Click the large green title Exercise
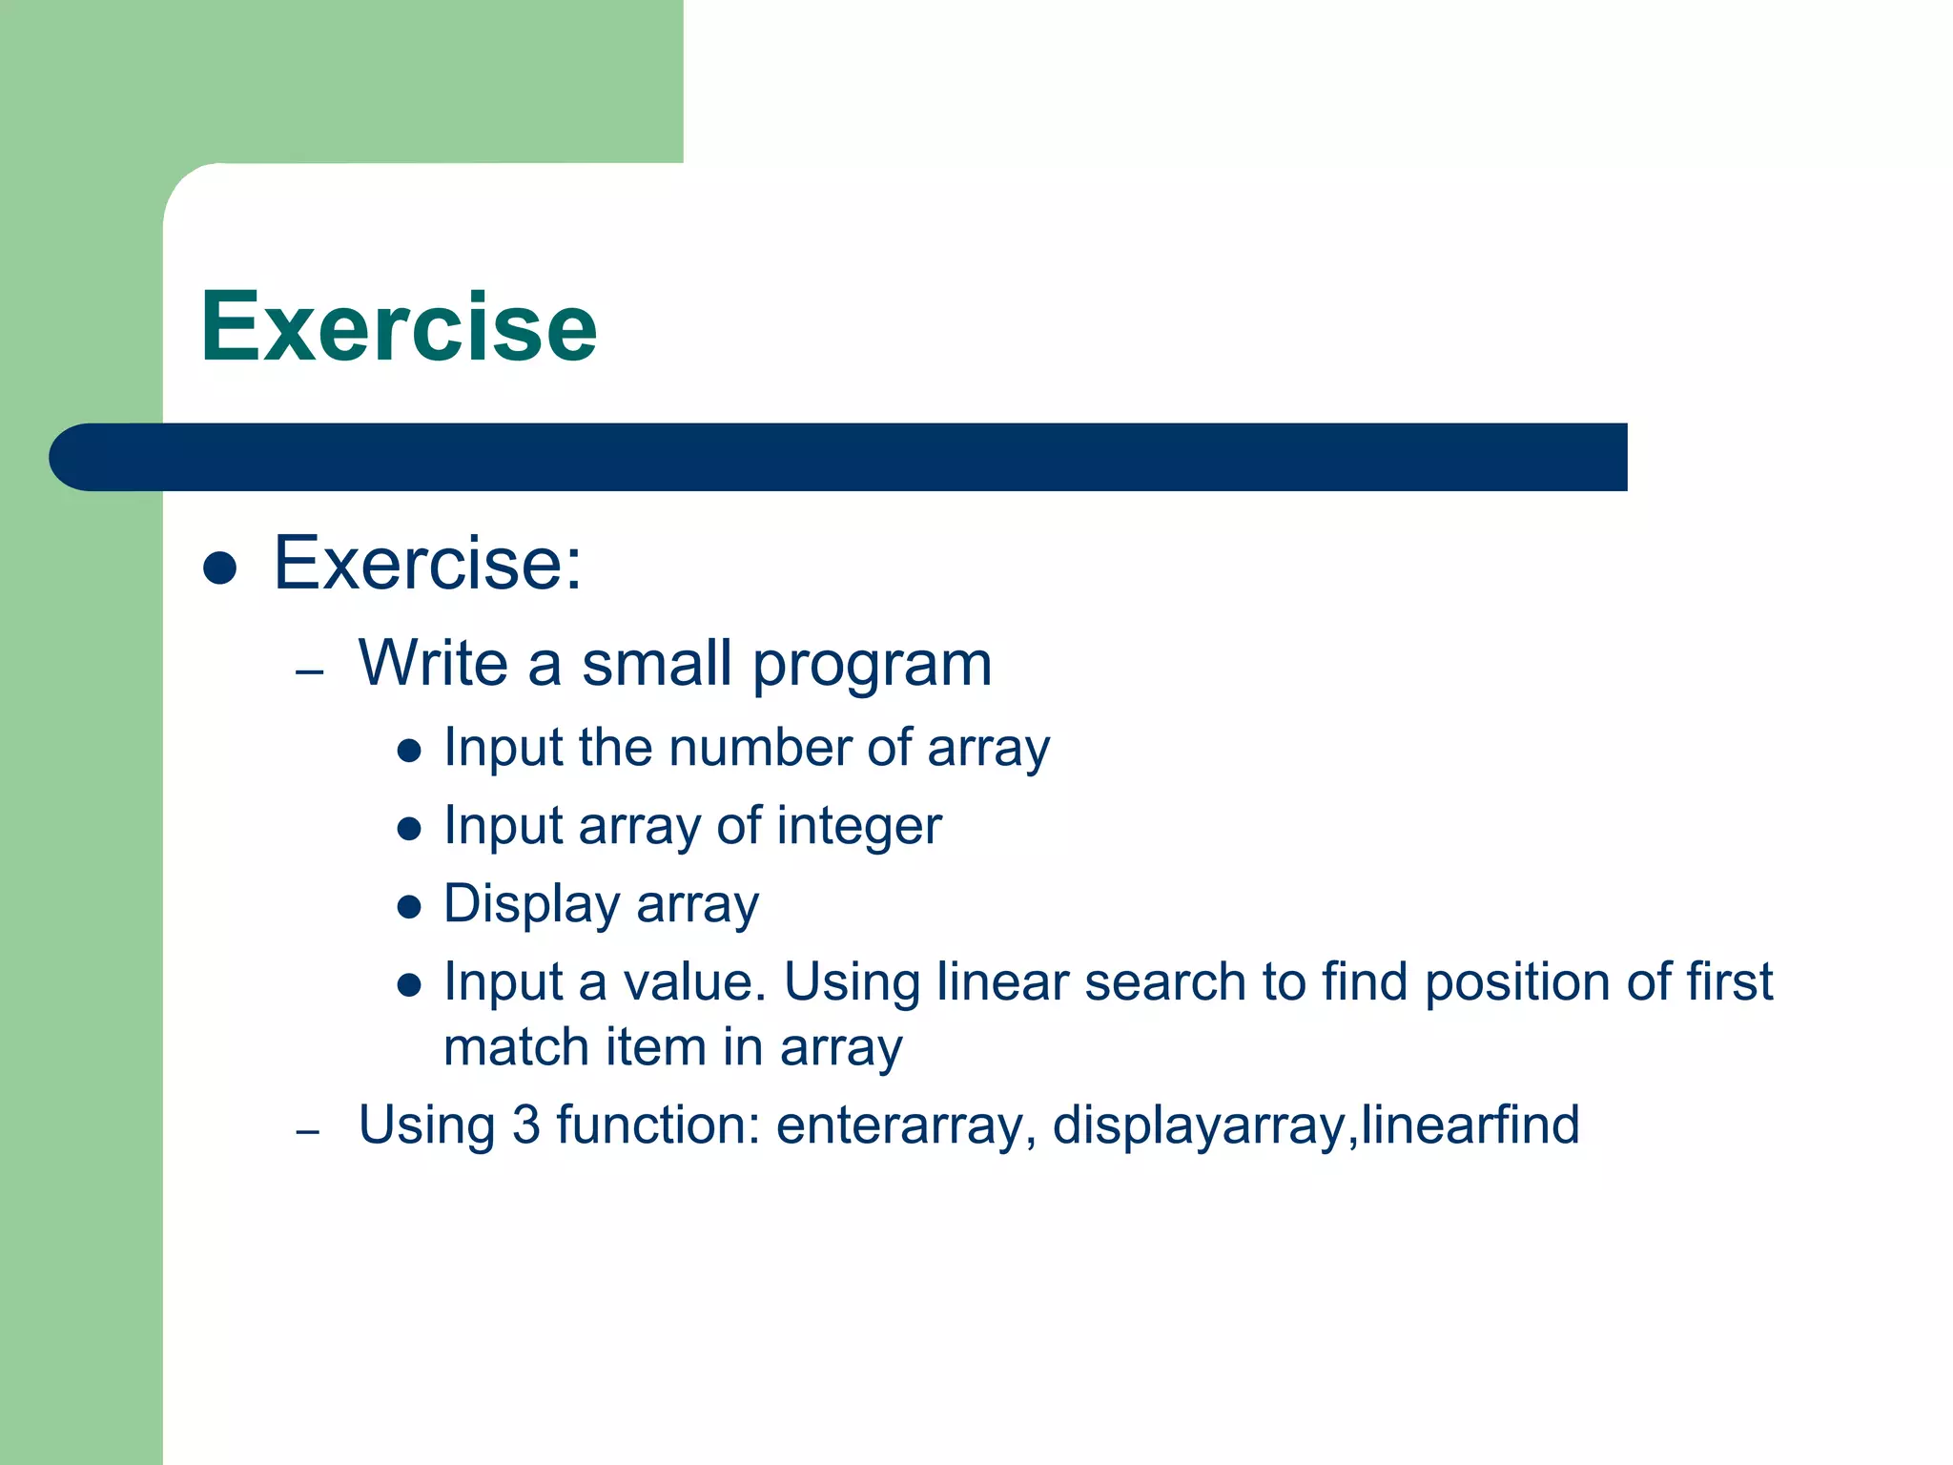click(399, 327)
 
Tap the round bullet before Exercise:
click(220, 567)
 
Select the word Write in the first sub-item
click(433, 663)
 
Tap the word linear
click(1001, 981)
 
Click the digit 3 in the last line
click(525, 1125)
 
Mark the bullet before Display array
click(409, 906)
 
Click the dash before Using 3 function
click(307, 1132)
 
